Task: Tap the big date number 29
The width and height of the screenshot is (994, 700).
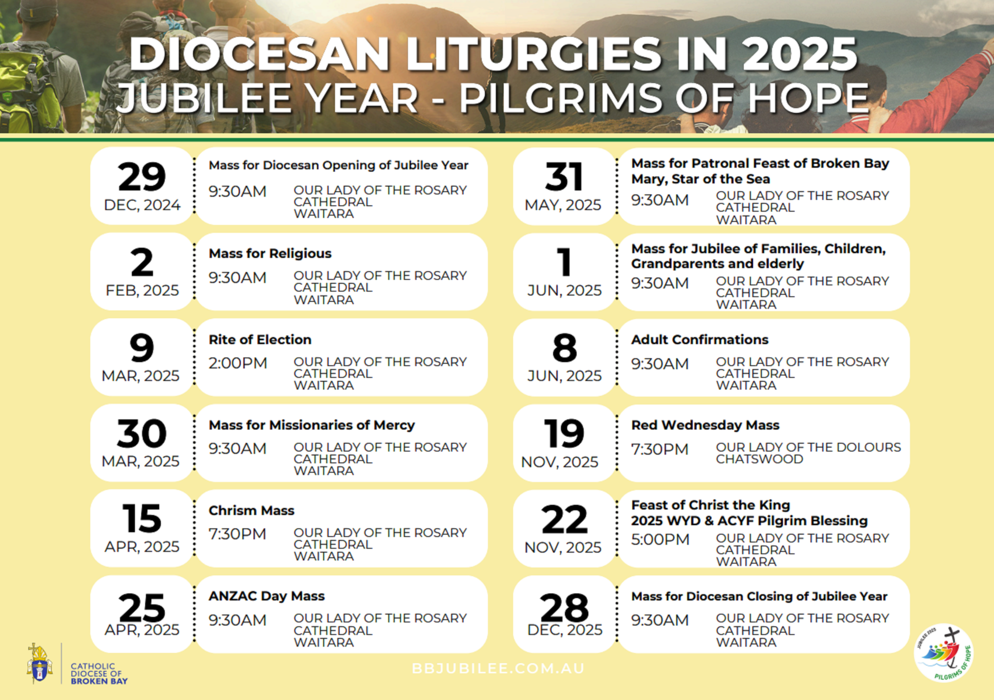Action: coord(142,177)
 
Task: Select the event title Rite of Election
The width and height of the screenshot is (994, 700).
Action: coord(260,340)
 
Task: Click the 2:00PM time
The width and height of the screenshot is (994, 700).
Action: coord(238,363)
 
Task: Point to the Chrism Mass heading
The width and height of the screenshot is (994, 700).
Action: coord(251,510)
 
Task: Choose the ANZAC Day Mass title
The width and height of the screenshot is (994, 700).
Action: coord(266,596)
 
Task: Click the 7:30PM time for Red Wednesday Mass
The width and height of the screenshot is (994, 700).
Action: coord(660,449)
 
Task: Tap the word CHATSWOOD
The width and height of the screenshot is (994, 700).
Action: coord(759,459)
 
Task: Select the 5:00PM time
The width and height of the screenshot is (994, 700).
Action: coord(660,539)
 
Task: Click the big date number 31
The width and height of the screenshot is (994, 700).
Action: coord(563,177)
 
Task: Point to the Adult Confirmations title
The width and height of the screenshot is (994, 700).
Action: coord(699,340)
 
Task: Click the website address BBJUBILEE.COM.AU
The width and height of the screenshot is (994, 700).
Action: coord(498,668)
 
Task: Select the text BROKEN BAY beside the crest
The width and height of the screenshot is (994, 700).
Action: coord(99,681)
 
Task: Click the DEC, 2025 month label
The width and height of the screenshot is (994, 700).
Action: coord(564,630)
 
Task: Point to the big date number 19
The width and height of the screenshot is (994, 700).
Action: coord(563,433)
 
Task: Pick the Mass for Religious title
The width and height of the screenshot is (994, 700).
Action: coord(270,253)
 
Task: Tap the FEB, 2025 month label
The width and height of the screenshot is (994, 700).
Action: coord(142,290)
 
